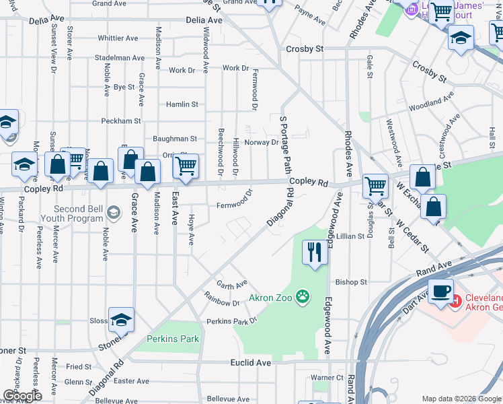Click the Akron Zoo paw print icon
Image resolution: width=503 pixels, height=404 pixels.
click(303, 296)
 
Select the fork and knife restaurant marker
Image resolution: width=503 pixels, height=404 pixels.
click(314, 253)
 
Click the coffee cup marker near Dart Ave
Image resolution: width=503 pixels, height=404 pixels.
click(440, 292)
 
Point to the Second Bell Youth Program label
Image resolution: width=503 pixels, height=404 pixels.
click(78, 213)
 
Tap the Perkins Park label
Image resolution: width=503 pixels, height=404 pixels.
click(173, 339)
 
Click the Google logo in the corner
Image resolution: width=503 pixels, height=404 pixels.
click(22, 395)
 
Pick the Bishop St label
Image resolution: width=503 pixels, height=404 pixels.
click(351, 282)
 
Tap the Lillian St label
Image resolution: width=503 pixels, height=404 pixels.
click(351, 236)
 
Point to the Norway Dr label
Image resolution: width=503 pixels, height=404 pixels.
click(261, 142)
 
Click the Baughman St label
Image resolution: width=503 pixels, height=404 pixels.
click(175, 138)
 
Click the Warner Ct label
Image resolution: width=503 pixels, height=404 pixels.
click(327, 378)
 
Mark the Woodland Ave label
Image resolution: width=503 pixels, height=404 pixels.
click(431, 102)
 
